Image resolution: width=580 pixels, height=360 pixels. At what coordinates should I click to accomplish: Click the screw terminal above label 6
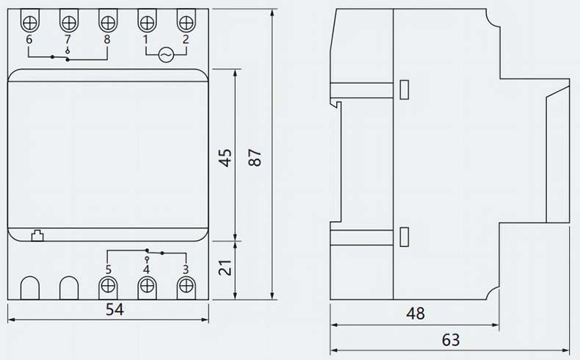coord(29,20)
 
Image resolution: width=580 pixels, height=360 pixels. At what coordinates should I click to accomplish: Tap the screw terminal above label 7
coord(68,20)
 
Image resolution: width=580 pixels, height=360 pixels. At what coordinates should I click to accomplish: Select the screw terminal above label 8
coord(107,20)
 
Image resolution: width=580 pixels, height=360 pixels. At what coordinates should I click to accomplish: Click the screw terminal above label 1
coord(146,20)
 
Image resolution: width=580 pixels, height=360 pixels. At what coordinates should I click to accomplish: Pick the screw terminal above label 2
coord(185,20)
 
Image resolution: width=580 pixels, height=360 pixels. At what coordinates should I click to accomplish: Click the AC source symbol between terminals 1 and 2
coord(165,54)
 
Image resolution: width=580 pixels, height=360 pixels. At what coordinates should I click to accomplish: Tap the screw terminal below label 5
coord(108,287)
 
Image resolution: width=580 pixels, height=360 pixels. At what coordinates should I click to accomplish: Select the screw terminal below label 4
coord(147,287)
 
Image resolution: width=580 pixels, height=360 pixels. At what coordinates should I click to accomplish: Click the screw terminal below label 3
coord(186,287)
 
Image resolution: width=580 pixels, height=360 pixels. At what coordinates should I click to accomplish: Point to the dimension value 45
coord(225,157)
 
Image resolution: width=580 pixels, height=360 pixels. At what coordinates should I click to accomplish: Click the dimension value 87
coord(255,157)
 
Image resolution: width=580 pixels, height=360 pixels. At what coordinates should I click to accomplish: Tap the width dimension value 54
coord(114,309)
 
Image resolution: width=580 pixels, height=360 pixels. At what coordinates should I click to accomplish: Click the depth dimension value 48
coord(416,313)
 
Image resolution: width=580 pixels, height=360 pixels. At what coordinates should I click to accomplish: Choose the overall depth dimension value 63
coord(451,339)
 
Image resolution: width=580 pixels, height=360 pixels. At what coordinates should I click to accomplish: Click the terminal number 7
coord(68,39)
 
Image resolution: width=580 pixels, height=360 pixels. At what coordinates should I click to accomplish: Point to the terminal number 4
coord(147,270)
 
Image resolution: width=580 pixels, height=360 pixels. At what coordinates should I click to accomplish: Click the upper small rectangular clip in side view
coord(404,89)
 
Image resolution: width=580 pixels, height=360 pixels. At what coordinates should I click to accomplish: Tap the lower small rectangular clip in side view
coord(404,237)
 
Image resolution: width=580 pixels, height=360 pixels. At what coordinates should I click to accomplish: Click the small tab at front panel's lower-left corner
coord(37,235)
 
